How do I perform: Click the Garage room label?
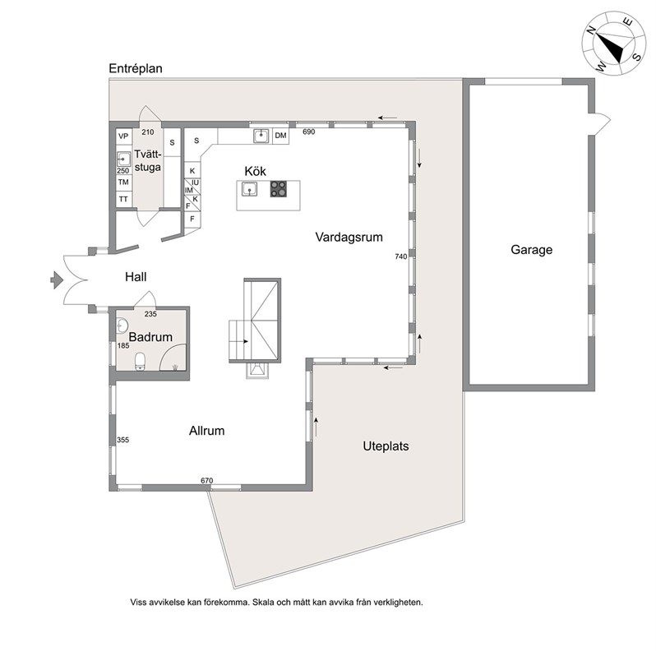531,250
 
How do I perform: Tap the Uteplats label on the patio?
386,446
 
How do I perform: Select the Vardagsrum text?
349,238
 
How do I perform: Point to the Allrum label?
206,431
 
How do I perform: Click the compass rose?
614,44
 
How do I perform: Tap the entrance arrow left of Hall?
57,279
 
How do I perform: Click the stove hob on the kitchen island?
278,189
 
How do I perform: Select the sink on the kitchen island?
249,190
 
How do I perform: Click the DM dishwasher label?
280,136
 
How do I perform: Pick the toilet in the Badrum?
140,361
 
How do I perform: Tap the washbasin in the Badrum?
122,326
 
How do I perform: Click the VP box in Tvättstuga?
123,136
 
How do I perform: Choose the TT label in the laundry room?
123,199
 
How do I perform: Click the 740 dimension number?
401,256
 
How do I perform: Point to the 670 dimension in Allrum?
206,481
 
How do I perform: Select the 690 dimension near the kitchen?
308,132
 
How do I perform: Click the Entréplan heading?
136,68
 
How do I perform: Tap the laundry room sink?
123,159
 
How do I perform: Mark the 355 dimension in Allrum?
123,440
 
